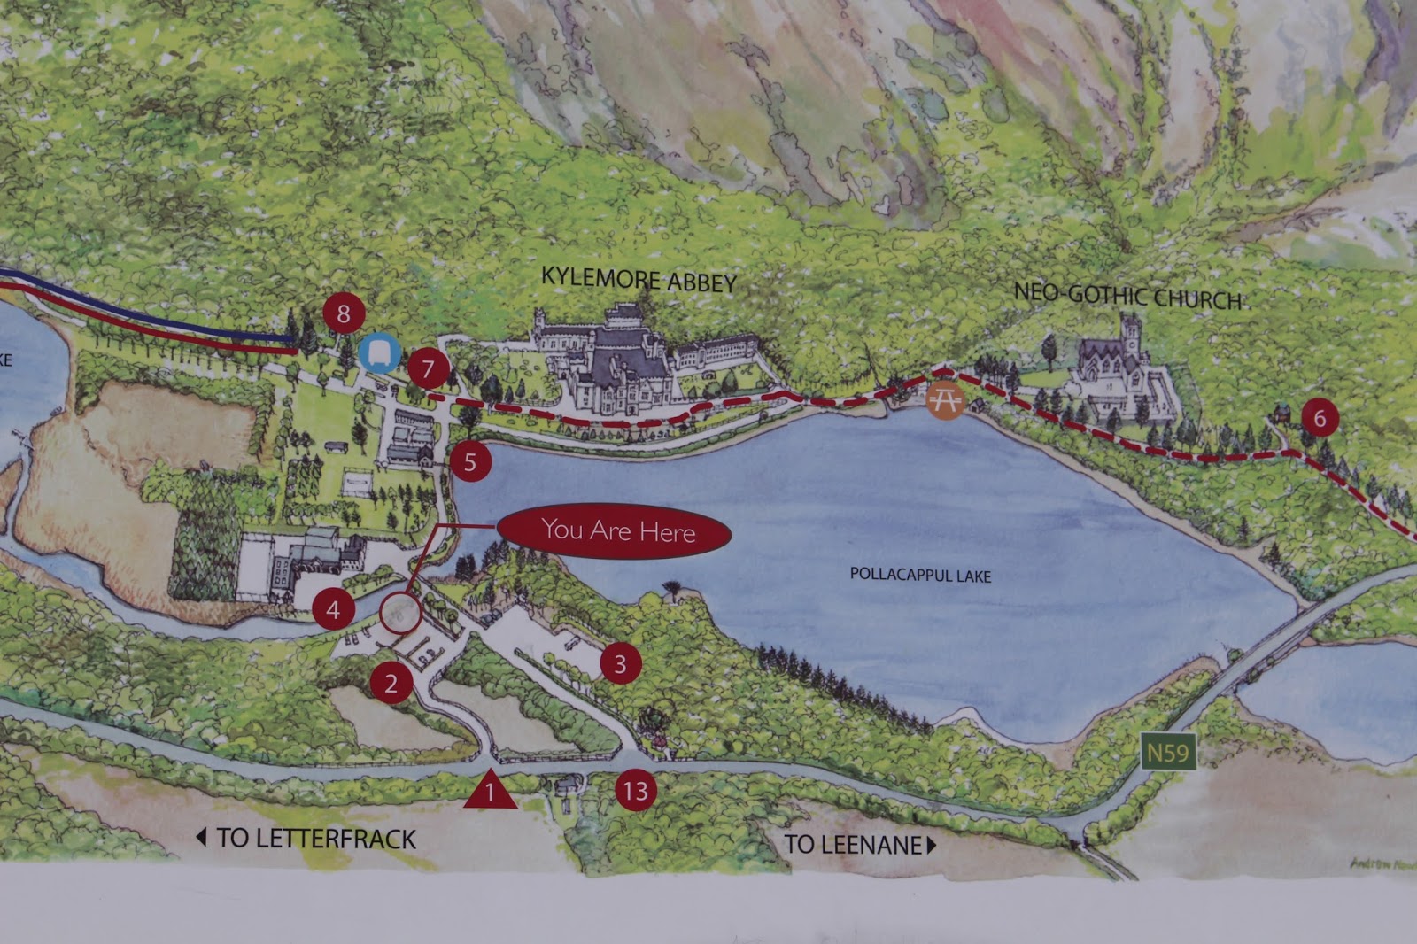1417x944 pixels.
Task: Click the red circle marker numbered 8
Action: [x=344, y=313]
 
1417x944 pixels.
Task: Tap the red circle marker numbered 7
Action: [x=428, y=368]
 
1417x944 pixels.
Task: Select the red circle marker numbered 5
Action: [x=469, y=461]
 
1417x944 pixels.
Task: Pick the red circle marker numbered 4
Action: [x=333, y=609]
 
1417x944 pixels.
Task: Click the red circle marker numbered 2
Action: [x=391, y=683]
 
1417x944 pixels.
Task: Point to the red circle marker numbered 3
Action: [x=620, y=663]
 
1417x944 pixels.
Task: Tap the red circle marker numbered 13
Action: [x=635, y=790]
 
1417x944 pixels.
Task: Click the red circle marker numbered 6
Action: [x=1320, y=417]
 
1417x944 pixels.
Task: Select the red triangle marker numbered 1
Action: [x=490, y=791]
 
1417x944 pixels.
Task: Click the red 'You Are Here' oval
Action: [x=615, y=531]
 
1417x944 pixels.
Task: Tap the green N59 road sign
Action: [x=1167, y=753]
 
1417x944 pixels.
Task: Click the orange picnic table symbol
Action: [x=944, y=400]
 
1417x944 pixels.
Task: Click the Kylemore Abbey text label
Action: [x=639, y=280]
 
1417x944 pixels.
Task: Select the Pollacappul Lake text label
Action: [x=920, y=575]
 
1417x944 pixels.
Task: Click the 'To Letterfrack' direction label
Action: [x=306, y=838]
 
